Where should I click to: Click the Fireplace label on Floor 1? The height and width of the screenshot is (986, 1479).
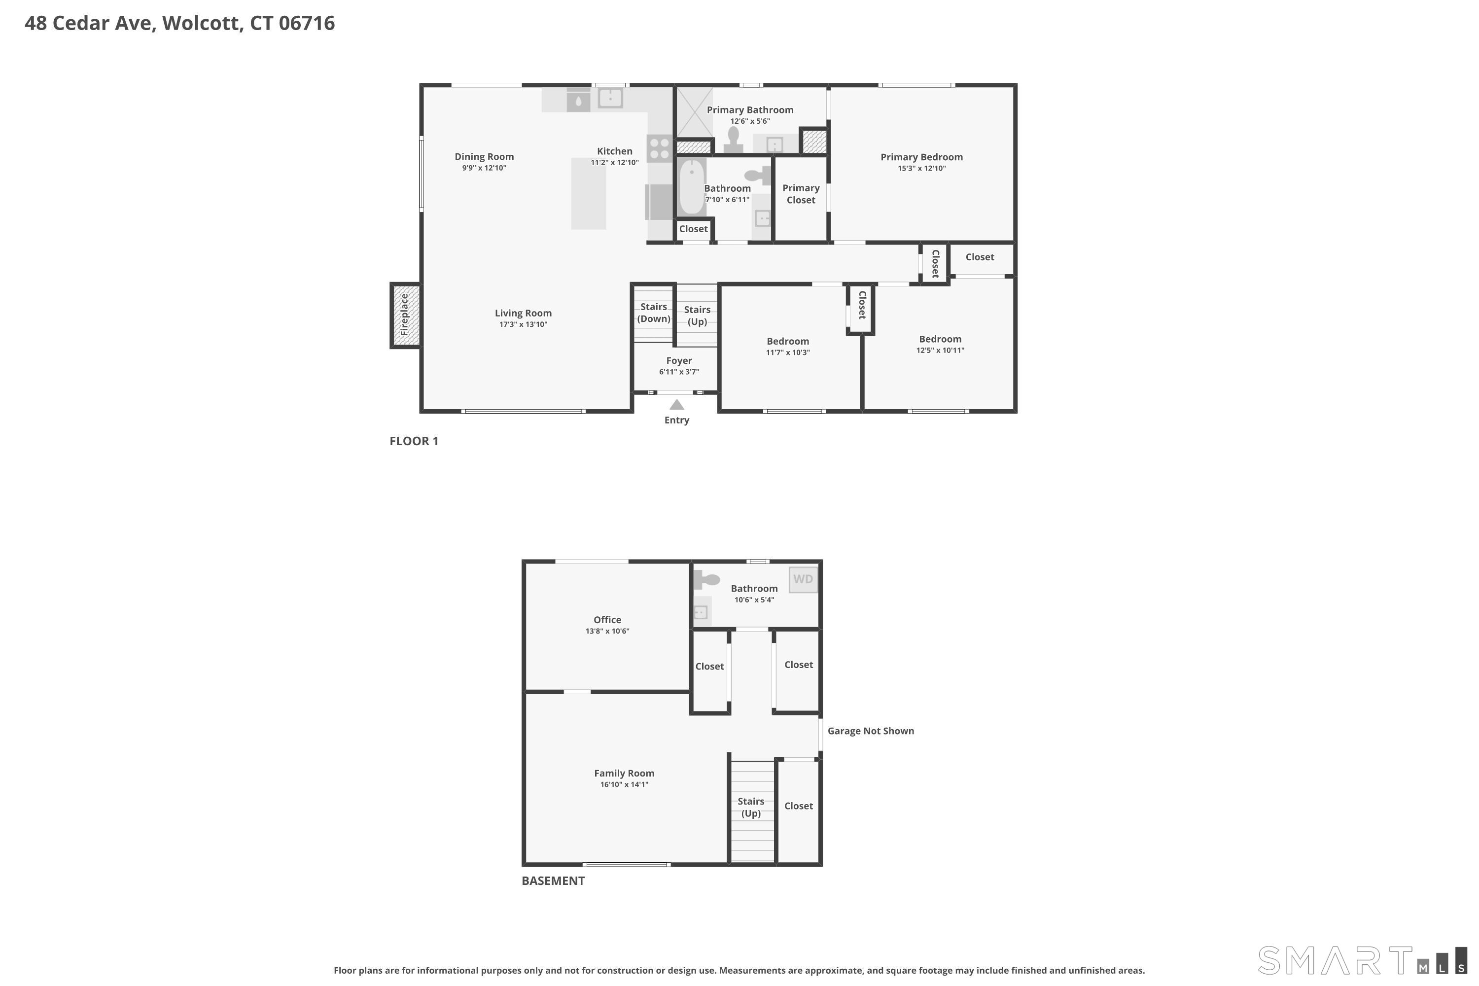click(x=404, y=315)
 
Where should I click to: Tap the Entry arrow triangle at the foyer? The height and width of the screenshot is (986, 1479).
click(x=676, y=405)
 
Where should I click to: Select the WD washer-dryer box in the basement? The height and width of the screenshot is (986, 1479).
click(x=804, y=579)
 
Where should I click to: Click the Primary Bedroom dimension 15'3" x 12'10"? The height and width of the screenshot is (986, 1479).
click(x=921, y=169)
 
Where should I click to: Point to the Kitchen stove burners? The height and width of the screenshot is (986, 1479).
click(x=660, y=149)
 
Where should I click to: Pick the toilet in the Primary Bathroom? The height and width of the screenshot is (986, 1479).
click(x=733, y=140)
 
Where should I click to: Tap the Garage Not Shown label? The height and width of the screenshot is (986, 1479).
click(x=870, y=731)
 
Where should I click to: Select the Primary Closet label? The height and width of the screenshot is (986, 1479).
click(x=801, y=194)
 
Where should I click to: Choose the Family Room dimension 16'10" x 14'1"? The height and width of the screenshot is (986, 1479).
click(x=624, y=785)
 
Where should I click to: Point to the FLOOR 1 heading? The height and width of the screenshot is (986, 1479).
click(x=414, y=441)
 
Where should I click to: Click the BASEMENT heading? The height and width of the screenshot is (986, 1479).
click(x=553, y=880)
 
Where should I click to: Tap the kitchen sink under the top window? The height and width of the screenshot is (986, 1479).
click(x=610, y=98)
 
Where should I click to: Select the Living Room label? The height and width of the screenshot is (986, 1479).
click(x=523, y=313)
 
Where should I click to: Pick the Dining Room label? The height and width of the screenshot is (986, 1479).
click(x=484, y=157)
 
